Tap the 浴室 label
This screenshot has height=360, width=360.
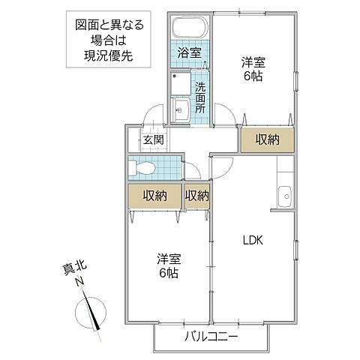(188, 52)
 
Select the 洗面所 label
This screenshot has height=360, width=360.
(200, 96)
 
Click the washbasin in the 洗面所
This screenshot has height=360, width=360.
(181, 112)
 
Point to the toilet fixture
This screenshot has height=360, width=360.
(142, 168)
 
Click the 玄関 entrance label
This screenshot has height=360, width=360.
(154, 139)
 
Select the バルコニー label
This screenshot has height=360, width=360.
(211, 337)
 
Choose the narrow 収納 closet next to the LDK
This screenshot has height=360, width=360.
(196, 196)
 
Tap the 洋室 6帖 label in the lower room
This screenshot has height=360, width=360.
(169, 266)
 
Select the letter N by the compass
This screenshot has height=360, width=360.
(78, 283)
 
